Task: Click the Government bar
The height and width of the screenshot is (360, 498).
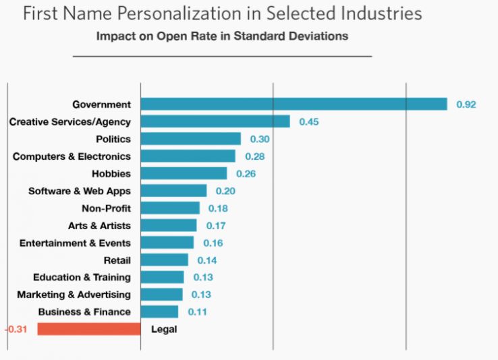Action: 294,104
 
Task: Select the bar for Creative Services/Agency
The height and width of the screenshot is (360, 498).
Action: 215,121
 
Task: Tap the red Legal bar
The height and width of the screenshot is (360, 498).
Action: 88,329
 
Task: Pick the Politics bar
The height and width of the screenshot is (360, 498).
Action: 191,139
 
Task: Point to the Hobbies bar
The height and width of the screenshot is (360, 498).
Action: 184,173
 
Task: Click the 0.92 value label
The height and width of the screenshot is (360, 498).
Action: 466,104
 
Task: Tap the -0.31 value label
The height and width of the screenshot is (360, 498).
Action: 16,330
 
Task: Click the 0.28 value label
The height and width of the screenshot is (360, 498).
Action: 254,156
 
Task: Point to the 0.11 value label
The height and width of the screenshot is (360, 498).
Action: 198,312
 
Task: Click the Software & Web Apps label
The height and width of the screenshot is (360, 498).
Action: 80,191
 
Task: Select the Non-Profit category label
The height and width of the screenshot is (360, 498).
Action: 106,208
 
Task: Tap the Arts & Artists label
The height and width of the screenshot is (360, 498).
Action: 99,225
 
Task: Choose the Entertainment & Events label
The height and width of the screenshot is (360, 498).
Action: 75,243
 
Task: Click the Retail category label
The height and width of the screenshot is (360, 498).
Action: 117,260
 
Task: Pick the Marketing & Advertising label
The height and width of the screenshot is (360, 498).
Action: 74,295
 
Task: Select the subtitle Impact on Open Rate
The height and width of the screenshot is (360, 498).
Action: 222,36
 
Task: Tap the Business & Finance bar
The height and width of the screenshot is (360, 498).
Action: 160,311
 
